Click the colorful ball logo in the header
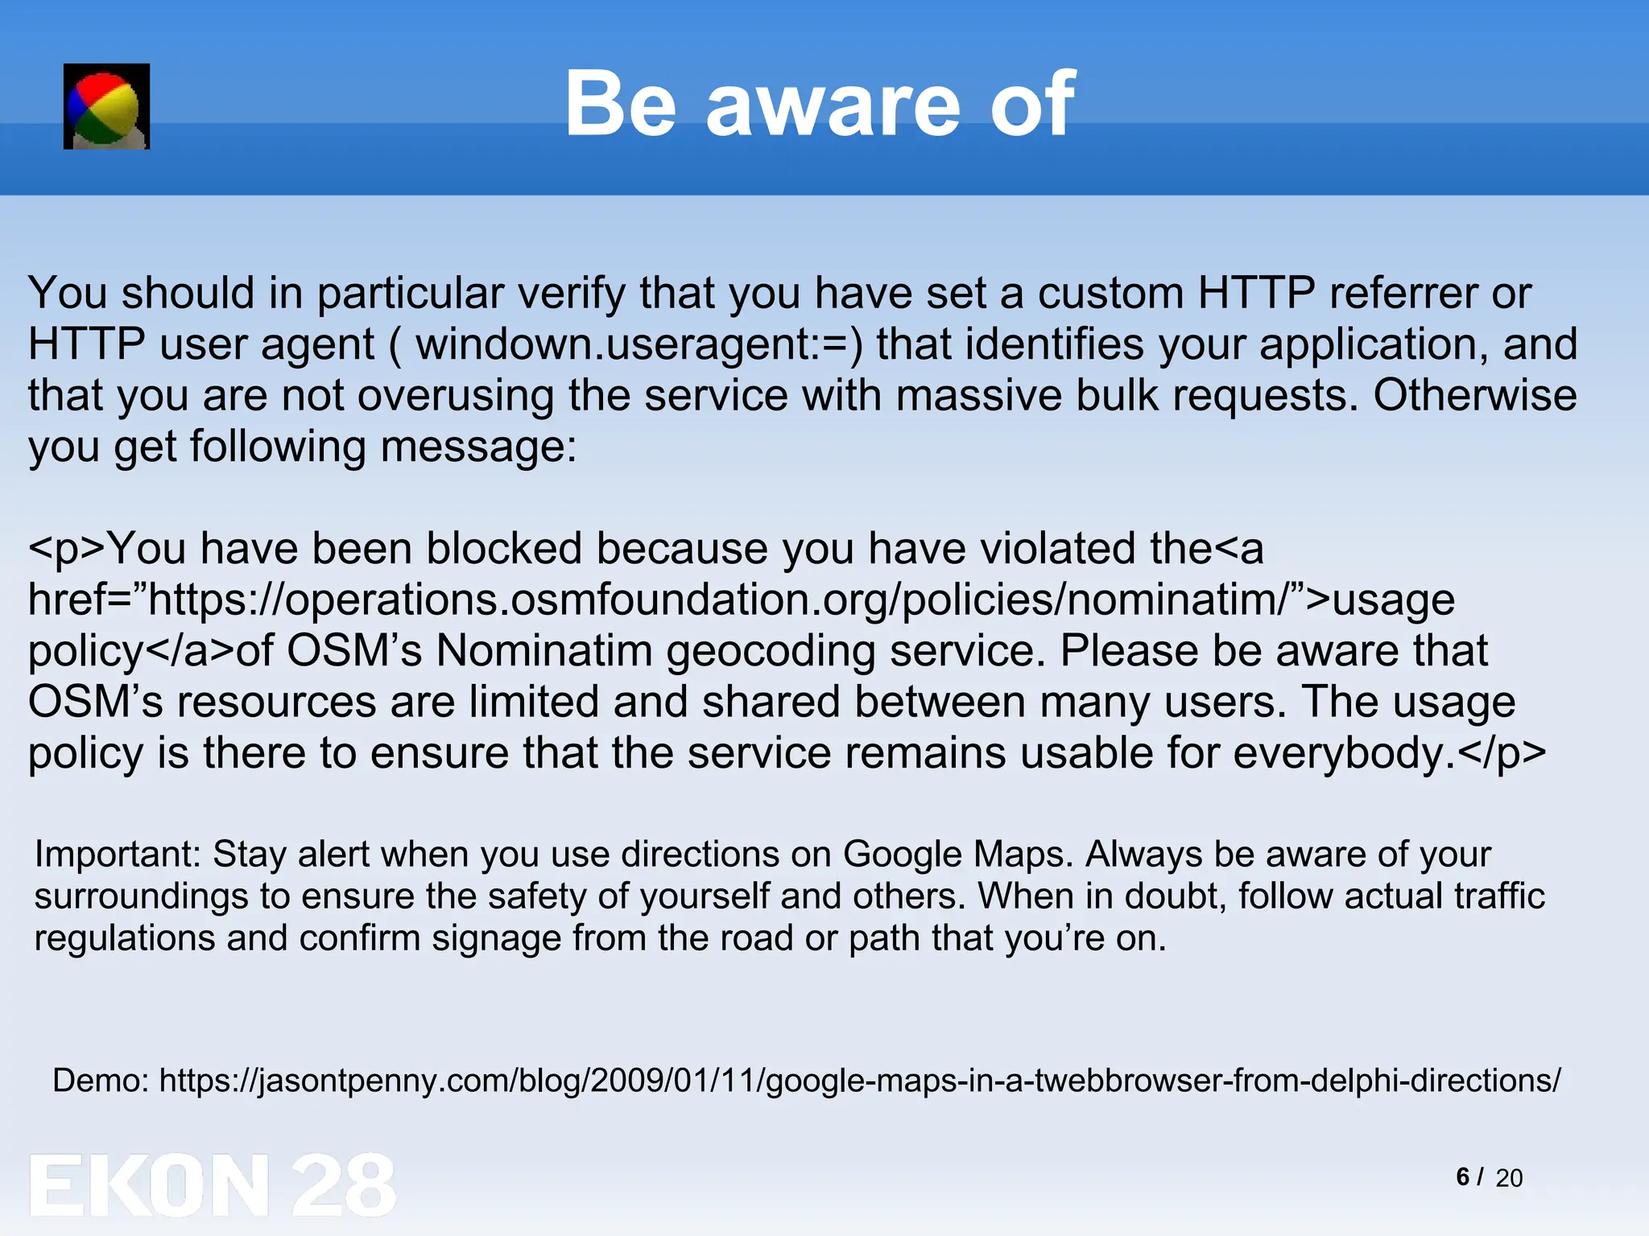[x=106, y=106]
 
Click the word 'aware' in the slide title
[x=833, y=105]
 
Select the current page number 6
[x=1463, y=1176]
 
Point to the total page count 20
[x=1509, y=1178]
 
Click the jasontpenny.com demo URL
[x=860, y=1080]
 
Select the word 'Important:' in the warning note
[x=118, y=854]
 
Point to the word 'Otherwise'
[x=1474, y=395]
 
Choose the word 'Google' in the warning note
[x=902, y=854]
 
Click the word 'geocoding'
[x=771, y=651]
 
